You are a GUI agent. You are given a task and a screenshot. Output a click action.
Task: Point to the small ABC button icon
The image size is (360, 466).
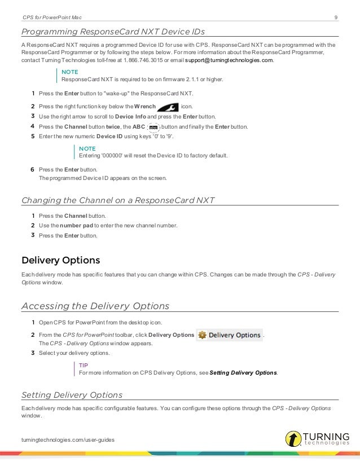[152, 127]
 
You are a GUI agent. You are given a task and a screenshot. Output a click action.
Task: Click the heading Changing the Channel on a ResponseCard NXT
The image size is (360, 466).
[117, 200]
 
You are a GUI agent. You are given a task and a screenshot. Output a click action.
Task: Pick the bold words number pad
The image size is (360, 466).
[76, 226]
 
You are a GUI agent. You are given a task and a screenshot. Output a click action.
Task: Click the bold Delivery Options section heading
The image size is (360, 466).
[60, 260]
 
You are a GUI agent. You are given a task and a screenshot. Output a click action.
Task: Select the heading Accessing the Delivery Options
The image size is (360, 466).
[95, 306]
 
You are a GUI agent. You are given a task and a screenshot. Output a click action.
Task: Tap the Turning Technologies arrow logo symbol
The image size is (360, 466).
[293, 438]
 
